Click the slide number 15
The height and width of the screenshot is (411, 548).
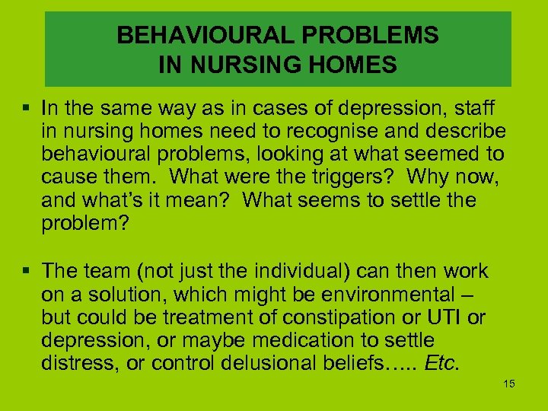click(509, 384)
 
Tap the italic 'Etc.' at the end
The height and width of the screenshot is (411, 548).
click(441, 362)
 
